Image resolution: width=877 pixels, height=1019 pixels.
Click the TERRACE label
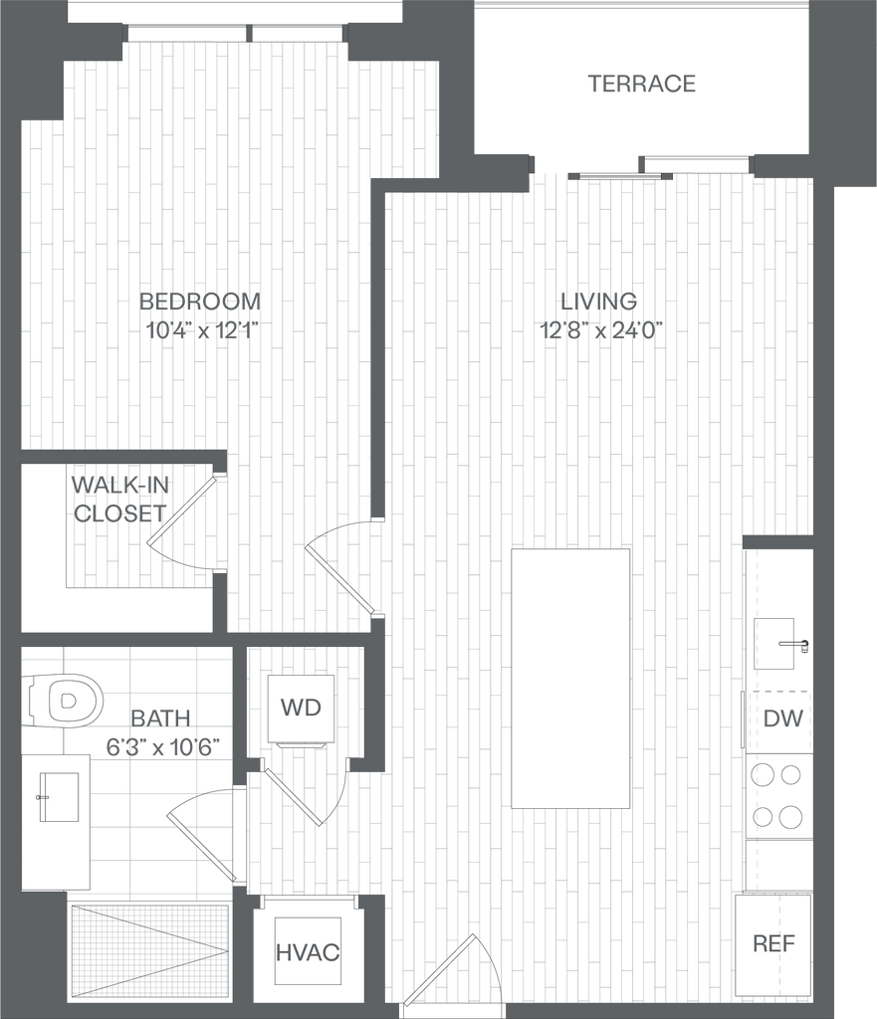click(640, 85)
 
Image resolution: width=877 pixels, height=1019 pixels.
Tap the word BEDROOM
click(199, 300)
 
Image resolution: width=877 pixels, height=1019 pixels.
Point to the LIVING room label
click(597, 300)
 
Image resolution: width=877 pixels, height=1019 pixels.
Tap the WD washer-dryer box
click(301, 708)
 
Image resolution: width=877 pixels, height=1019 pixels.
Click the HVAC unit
click(307, 952)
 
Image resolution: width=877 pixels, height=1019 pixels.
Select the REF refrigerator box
click(773, 943)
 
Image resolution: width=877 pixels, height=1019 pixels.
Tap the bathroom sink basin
click(59, 796)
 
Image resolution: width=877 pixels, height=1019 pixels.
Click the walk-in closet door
click(182, 512)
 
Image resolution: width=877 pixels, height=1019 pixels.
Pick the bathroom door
click(202, 846)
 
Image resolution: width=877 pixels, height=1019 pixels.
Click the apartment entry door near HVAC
click(441, 970)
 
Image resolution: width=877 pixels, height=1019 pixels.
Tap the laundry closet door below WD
click(294, 796)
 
